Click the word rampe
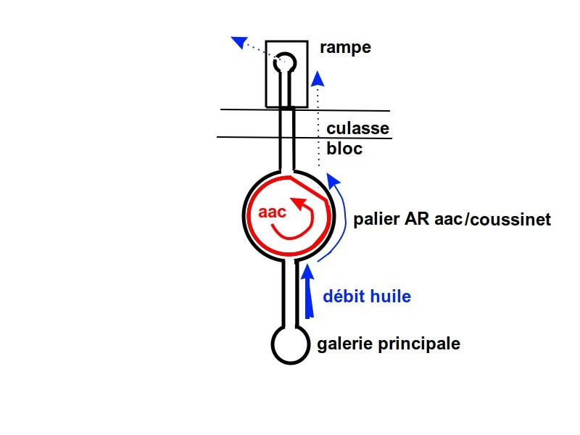click(x=345, y=49)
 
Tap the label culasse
click(x=358, y=130)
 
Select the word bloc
click(x=344, y=150)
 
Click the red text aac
click(x=273, y=213)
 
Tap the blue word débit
click(x=345, y=296)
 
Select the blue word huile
click(x=391, y=296)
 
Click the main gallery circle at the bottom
click(x=289, y=344)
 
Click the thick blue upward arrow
click(x=309, y=290)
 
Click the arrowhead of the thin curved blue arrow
click(x=333, y=179)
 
